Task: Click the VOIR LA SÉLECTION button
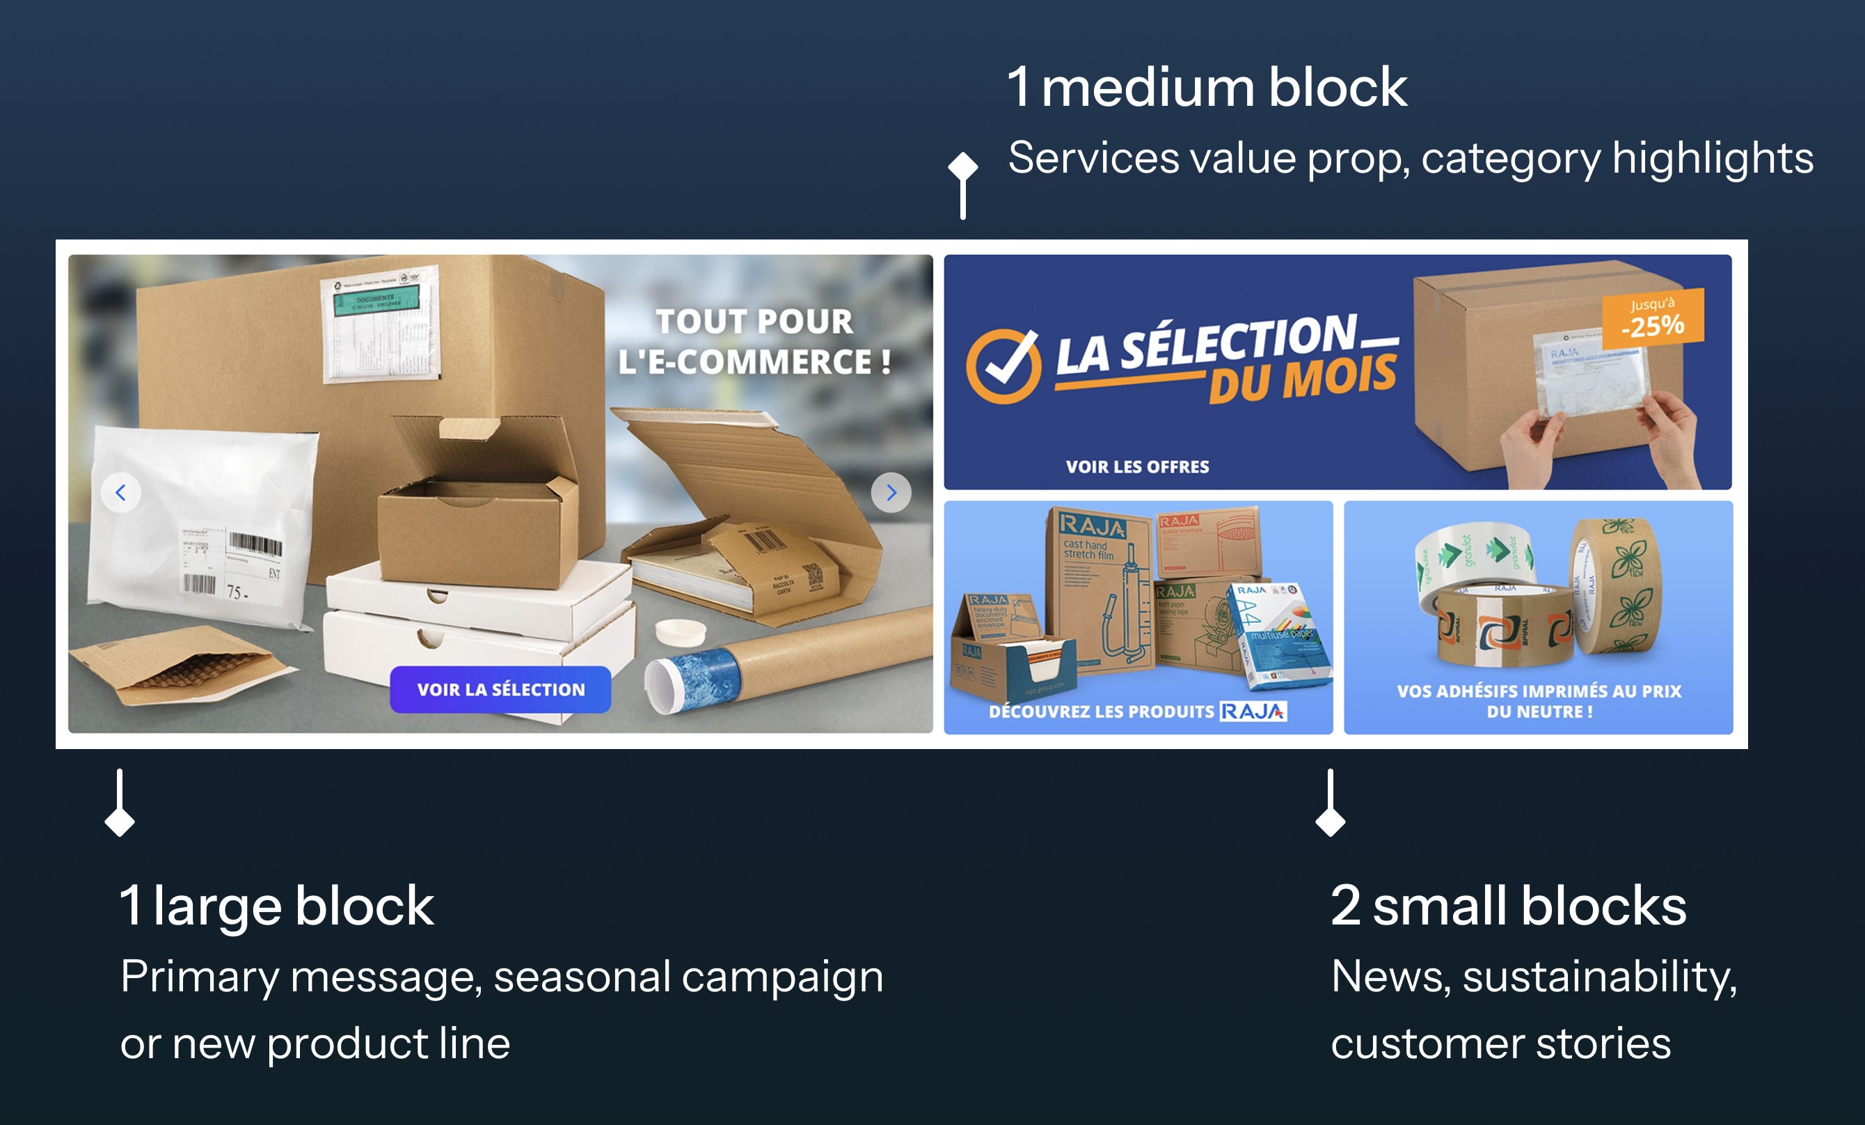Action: [x=500, y=690]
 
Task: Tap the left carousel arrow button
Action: [x=120, y=493]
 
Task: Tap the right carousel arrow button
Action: [x=891, y=493]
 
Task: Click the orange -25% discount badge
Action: [x=1653, y=319]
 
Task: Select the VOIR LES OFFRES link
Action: [x=1137, y=467]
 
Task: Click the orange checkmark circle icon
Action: [x=1003, y=366]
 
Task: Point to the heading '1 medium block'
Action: [x=1207, y=87]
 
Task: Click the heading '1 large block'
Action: [x=277, y=906]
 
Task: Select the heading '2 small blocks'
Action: [x=1508, y=906]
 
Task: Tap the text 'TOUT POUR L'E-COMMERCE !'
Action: [x=754, y=341]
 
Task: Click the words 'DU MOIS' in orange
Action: [x=1302, y=379]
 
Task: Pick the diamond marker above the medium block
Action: [x=963, y=166]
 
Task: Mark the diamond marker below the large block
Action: [x=120, y=821]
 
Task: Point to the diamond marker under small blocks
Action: [x=1330, y=821]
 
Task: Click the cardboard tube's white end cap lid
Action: [x=680, y=630]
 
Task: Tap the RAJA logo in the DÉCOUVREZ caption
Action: [x=1253, y=711]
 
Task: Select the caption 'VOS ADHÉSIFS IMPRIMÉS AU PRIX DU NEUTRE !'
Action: [x=1539, y=701]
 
